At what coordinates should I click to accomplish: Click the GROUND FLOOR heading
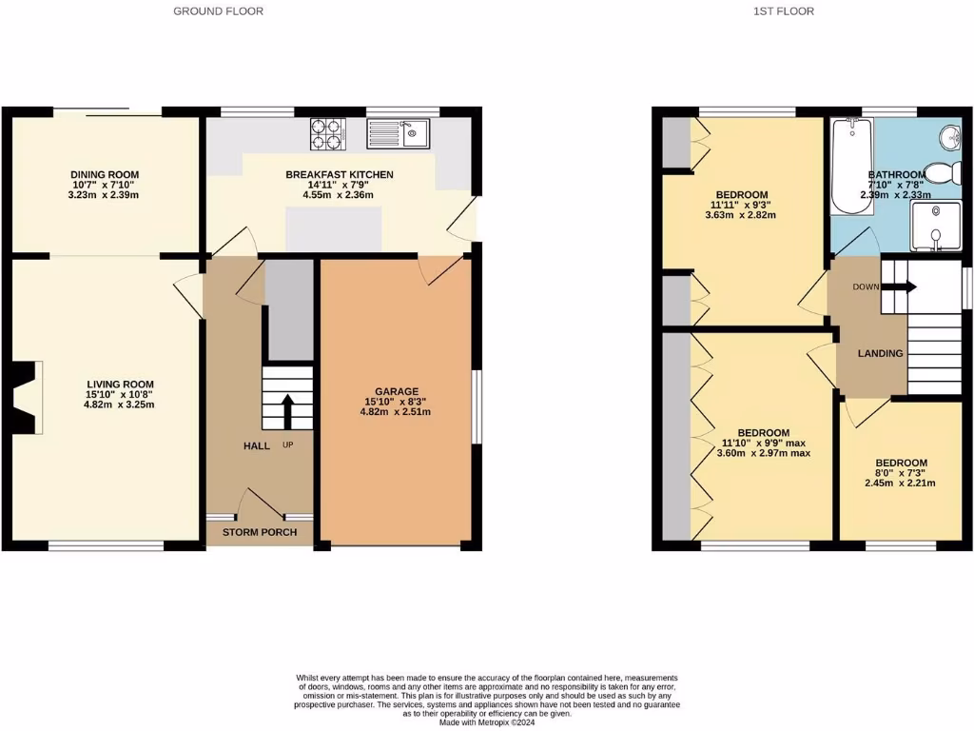tap(219, 11)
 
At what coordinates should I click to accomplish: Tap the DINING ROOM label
tap(105, 174)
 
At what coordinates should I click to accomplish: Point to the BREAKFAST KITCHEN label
tap(339, 174)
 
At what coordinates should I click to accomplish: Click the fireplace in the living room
tap(29, 393)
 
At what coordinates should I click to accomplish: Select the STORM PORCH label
tap(259, 531)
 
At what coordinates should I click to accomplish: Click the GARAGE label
tap(396, 391)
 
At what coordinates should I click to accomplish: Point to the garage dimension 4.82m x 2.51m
tap(396, 412)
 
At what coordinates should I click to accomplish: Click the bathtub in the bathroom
tap(849, 167)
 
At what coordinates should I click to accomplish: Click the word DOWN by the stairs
tap(866, 286)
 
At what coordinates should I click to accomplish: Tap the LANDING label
tap(880, 354)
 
